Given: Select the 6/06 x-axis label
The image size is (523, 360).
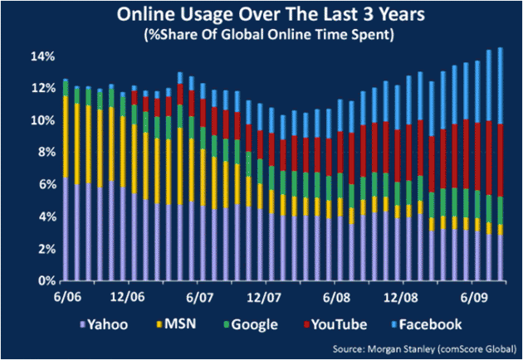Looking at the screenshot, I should [x=67, y=296].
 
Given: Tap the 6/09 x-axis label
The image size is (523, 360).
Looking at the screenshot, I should [x=473, y=296].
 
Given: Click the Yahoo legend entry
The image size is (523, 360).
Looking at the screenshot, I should [x=107, y=324].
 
